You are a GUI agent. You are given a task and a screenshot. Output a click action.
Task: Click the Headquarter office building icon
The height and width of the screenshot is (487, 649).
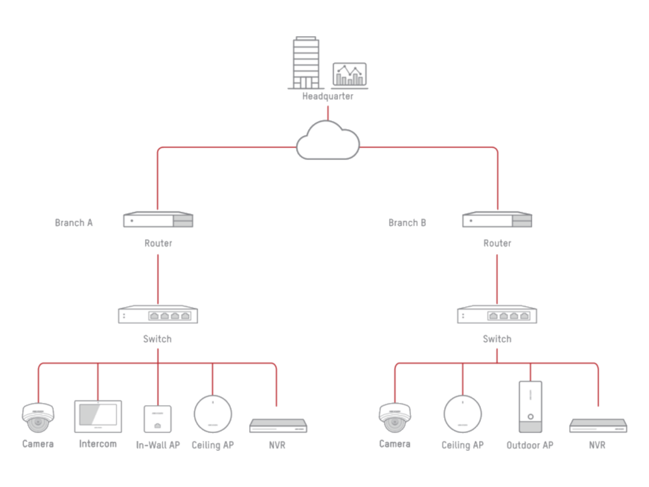click(306, 63)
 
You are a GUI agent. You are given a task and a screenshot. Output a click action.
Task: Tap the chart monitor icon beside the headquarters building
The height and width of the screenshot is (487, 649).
click(349, 75)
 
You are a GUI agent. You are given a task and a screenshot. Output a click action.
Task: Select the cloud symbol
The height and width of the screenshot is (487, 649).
click(328, 140)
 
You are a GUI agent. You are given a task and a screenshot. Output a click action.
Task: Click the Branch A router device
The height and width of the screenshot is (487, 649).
click(158, 219)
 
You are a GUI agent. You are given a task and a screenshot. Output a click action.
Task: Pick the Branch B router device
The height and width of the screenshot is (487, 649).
click(498, 219)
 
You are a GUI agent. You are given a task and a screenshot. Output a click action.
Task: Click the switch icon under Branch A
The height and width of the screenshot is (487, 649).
click(158, 314)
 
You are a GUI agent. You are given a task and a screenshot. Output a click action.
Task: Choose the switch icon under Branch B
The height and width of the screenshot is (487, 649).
click(497, 314)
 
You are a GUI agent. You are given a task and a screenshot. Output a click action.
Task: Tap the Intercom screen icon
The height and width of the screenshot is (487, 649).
click(98, 416)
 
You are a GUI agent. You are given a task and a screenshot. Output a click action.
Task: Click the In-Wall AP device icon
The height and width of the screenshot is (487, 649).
click(157, 419)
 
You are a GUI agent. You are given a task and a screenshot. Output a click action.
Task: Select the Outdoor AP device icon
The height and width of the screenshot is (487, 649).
click(531, 407)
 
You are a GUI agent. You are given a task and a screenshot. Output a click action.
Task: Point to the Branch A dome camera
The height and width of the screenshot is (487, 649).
click(38, 418)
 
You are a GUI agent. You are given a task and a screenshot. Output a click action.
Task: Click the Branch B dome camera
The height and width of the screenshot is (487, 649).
click(395, 418)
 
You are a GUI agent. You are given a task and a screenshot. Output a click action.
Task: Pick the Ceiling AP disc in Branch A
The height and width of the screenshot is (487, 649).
click(213, 414)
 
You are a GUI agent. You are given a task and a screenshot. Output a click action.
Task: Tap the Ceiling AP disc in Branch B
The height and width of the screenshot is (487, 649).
click(463, 414)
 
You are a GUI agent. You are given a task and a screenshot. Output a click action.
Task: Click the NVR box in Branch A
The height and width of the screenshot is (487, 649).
click(278, 426)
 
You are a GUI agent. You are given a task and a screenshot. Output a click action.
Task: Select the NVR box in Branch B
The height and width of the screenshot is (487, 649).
click(599, 426)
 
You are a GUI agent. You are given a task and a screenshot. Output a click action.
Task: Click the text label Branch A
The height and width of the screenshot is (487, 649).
click(74, 222)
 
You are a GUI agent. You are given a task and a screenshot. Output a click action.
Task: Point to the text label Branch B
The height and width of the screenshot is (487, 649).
click(407, 222)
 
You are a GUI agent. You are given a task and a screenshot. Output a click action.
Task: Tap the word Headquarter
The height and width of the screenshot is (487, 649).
click(328, 96)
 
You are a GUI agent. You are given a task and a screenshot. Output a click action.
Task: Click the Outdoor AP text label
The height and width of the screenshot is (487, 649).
click(530, 445)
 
